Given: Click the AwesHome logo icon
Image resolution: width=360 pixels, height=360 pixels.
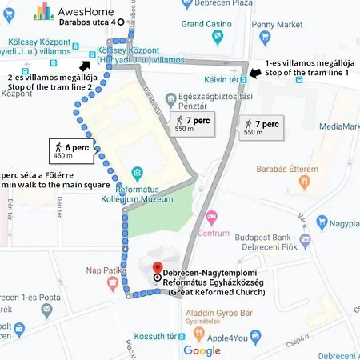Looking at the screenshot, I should tap(42, 10).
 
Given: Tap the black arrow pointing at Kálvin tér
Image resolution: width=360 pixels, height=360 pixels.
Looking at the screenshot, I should tap(253, 74).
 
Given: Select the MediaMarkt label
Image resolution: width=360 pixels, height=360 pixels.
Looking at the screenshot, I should tap(338, 126).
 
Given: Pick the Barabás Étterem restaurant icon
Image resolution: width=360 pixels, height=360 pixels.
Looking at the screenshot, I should tap(305, 182).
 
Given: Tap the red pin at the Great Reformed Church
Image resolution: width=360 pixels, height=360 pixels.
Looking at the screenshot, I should tap(158, 269).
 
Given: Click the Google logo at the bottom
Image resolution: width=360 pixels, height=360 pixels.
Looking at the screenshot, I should tap(202, 350).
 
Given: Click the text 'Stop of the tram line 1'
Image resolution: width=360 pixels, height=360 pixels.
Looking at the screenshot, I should tap(308, 73).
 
